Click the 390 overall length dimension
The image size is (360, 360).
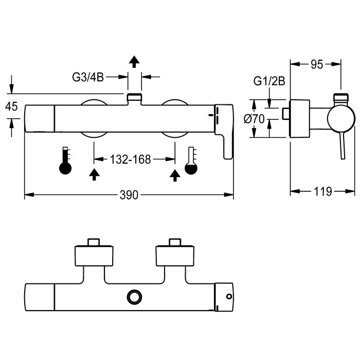pos(130,195)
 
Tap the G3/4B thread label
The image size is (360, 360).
pos(87,77)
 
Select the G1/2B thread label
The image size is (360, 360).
pos(269,81)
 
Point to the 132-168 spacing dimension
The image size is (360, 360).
pos(130,159)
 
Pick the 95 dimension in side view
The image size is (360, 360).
pos(316,64)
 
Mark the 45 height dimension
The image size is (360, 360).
pos(11,106)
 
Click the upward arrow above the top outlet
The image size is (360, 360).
pos(134,62)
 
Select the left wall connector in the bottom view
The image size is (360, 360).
pos(93,255)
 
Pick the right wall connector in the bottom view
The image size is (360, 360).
pos(175,255)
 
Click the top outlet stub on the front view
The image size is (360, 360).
pos(135,97)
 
